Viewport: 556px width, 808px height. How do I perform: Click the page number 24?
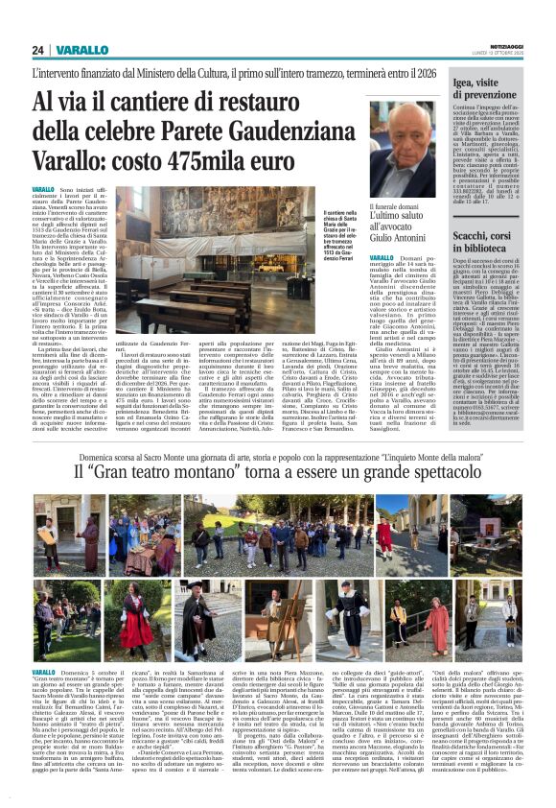[38, 49]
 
